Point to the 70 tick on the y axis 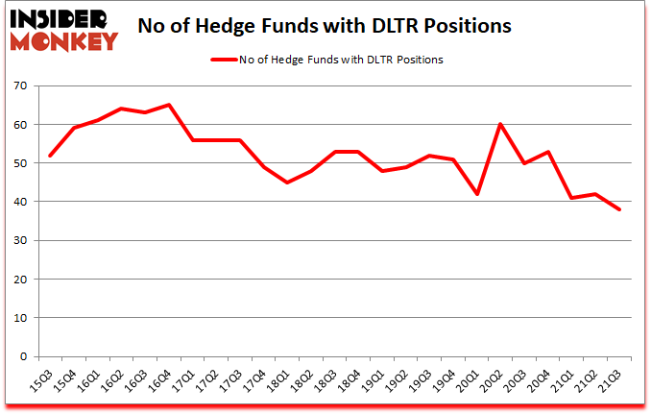(x=21, y=86)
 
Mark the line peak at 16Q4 (x=170, y=105)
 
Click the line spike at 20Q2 (x=500, y=124)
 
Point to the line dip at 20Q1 (x=476, y=194)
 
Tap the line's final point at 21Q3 (x=620, y=209)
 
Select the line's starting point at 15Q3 (x=50, y=155)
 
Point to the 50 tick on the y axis (x=21, y=163)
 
